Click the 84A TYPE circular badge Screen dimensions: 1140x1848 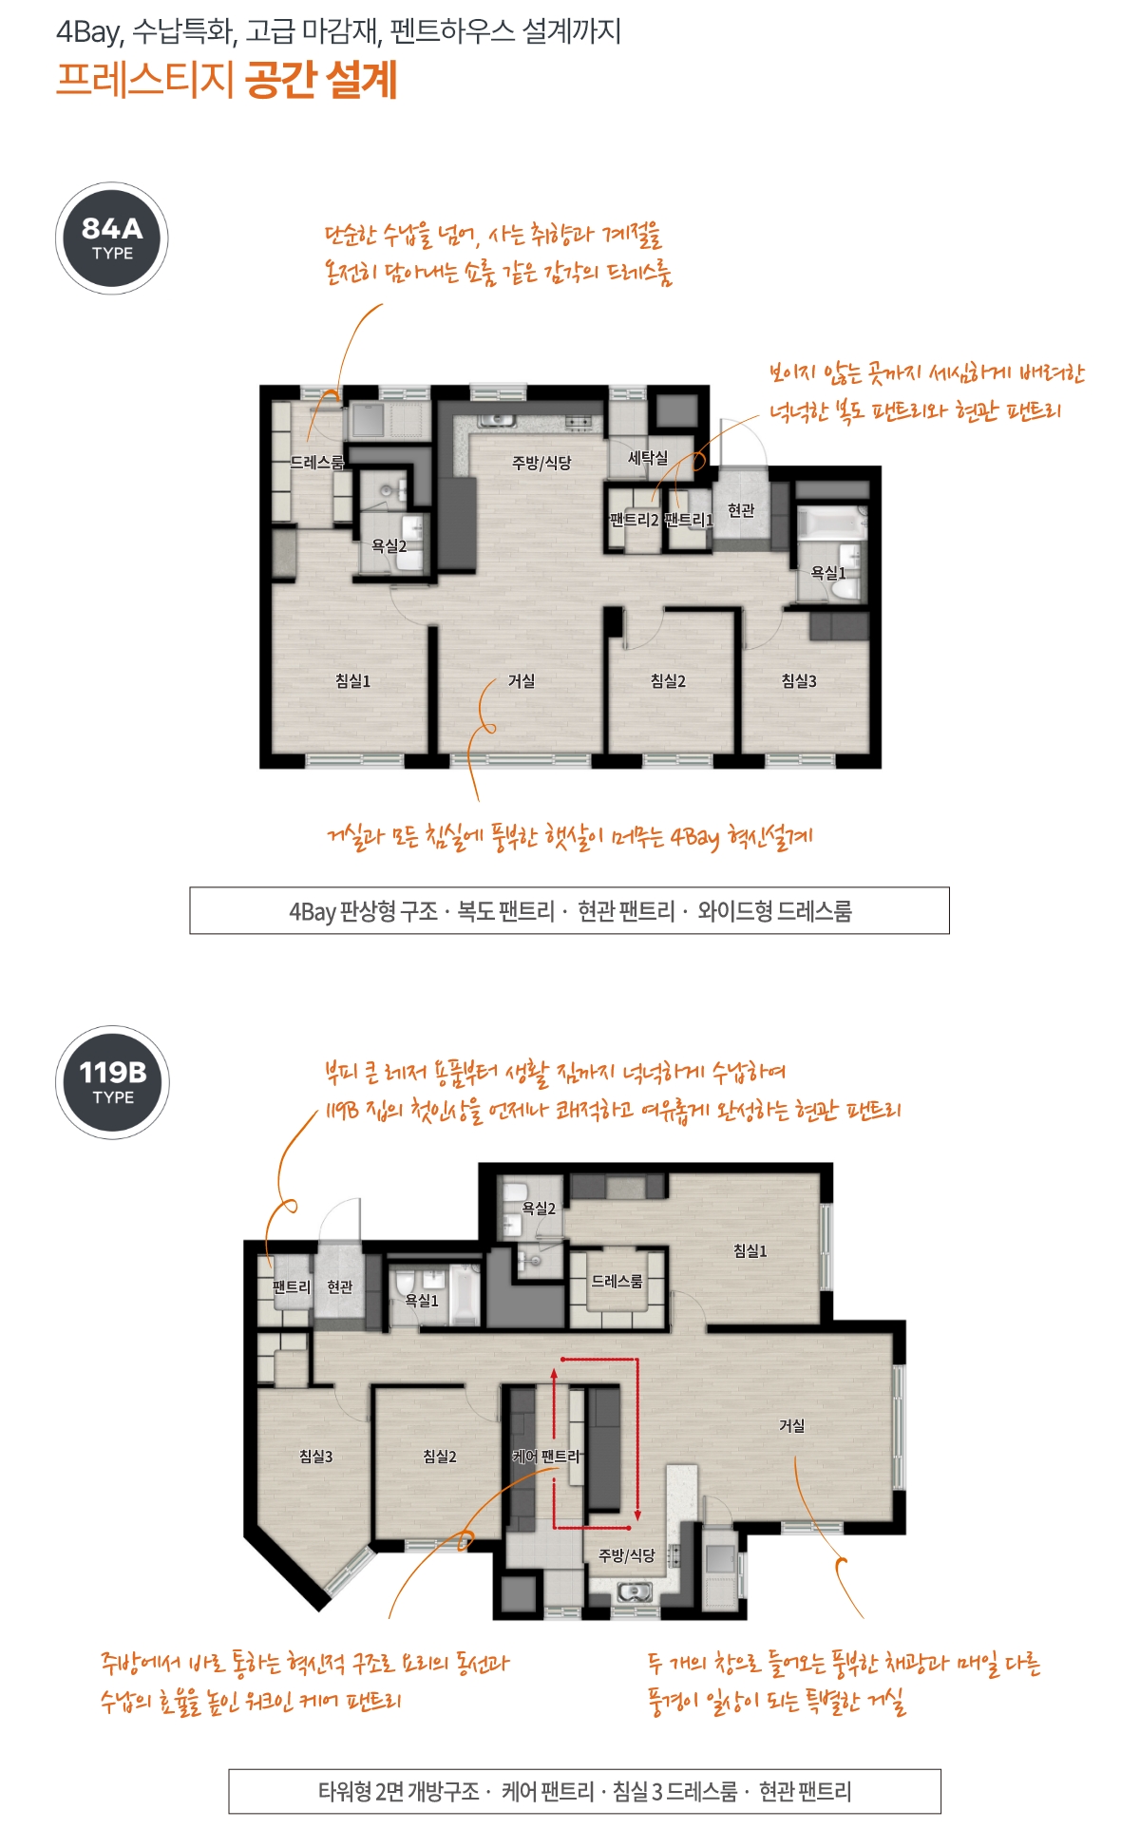[112, 238]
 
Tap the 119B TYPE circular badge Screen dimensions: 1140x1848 [113, 1082]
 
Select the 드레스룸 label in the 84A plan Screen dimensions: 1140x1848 [317, 463]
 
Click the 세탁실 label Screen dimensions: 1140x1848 [648, 458]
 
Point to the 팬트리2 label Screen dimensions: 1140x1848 [634, 520]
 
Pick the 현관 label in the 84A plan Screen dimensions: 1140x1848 [741, 511]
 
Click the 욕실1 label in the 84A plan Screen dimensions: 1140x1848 [827, 573]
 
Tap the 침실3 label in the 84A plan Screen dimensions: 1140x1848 [799, 681]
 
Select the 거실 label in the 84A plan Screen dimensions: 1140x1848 [522, 681]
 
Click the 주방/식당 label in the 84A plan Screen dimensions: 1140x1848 [541, 463]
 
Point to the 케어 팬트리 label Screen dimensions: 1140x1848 [546, 1457]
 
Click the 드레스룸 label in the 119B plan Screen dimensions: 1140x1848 [617, 1281]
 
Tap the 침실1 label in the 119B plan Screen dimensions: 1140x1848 [750, 1251]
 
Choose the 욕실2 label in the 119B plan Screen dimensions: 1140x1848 [539, 1209]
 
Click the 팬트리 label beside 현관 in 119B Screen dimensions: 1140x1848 [292, 1286]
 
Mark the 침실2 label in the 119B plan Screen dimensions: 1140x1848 [440, 1457]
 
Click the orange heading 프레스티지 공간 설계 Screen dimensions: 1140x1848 [227, 80]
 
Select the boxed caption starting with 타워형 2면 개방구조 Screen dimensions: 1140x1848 [584, 1791]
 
